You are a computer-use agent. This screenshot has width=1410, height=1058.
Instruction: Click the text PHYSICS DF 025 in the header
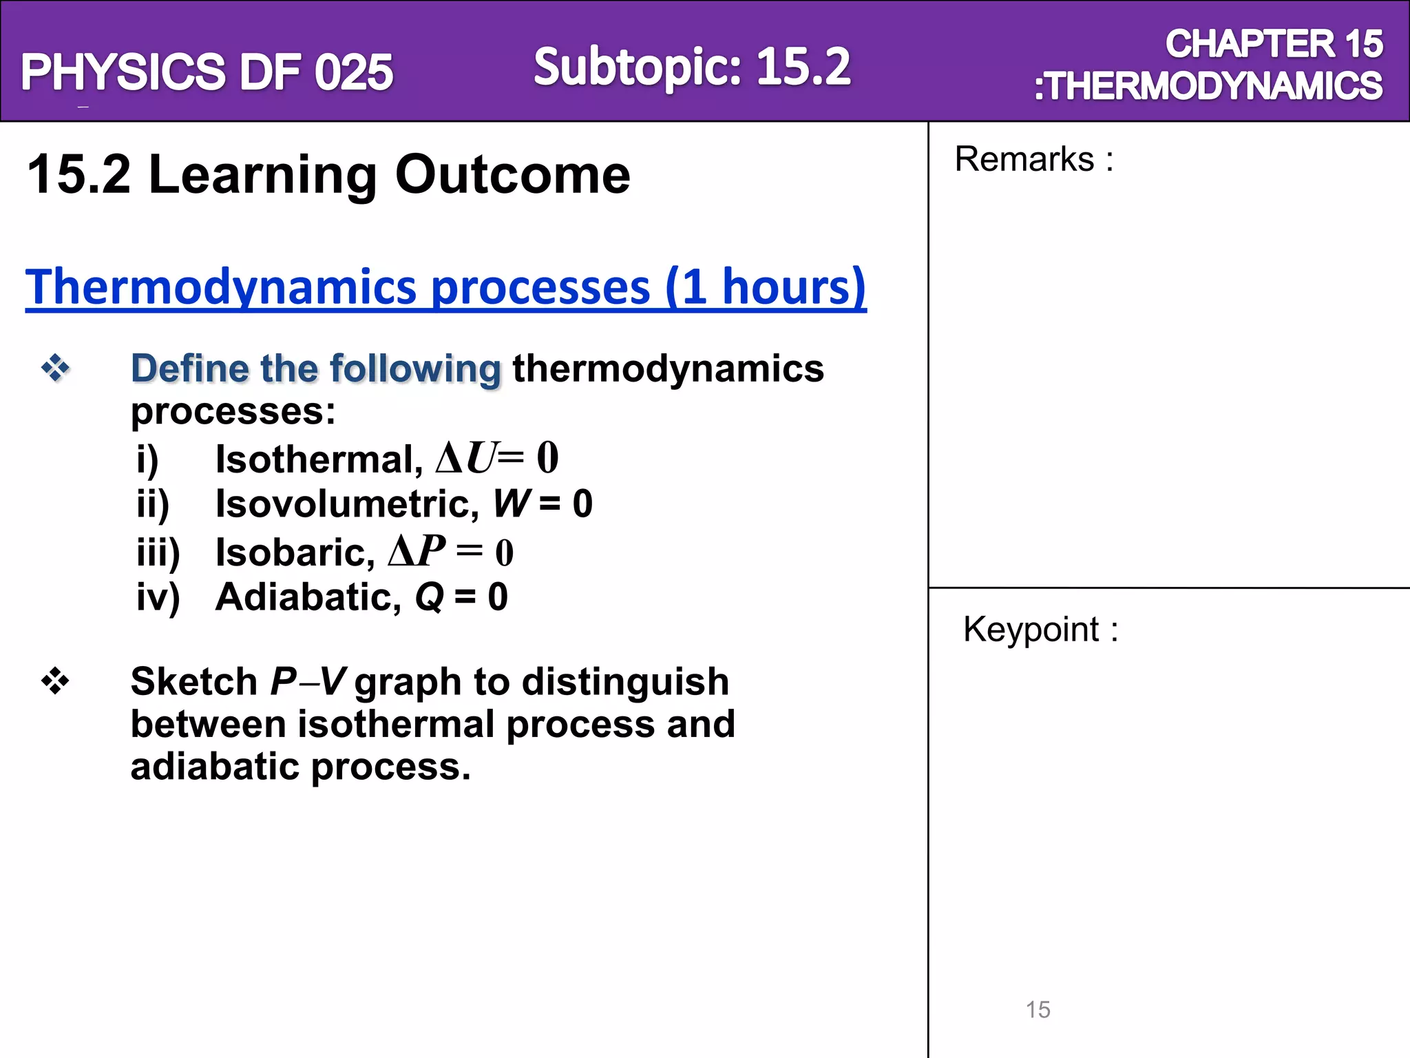pos(207,72)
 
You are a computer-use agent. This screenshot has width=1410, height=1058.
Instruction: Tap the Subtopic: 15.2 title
pos(692,67)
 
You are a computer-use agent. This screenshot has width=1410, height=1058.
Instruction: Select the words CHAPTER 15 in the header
pos(1274,44)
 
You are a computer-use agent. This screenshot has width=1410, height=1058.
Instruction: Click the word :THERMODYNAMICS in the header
pos(1208,86)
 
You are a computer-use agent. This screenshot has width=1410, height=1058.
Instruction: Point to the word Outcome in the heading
pos(512,175)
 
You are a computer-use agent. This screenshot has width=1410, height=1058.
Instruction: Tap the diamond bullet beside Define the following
pos(55,368)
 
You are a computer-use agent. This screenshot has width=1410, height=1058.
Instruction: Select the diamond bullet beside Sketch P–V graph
pos(55,682)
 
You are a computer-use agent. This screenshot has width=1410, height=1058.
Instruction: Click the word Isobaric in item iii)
pos(295,552)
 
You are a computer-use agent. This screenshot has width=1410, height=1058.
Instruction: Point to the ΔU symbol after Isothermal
pos(466,458)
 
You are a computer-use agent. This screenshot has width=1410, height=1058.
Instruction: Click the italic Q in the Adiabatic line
pos(430,597)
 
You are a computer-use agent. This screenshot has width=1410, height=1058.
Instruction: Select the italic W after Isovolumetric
pos(512,504)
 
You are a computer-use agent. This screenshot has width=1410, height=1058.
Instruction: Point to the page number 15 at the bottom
pos(1038,1010)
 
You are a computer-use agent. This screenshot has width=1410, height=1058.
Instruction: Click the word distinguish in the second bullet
pos(625,682)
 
